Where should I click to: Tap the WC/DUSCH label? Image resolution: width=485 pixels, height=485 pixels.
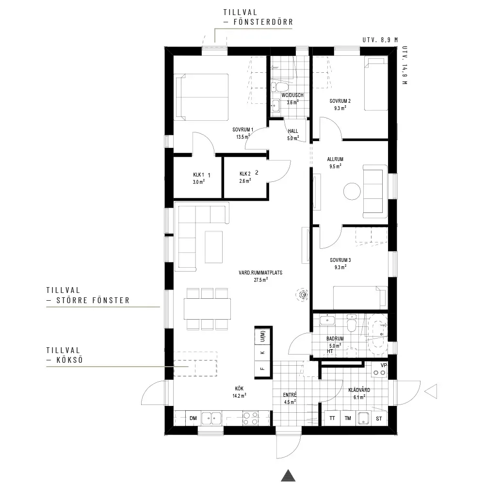292,95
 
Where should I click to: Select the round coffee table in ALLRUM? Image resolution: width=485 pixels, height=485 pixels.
352,192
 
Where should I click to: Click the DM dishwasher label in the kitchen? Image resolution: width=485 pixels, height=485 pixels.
193,418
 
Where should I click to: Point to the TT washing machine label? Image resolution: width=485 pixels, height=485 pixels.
332,418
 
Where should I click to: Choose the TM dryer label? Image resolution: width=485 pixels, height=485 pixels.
348,418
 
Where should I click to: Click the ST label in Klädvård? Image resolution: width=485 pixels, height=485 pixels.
379,419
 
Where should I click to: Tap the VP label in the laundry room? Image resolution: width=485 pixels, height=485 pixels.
384,365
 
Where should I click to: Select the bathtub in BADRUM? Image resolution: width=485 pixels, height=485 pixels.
377,335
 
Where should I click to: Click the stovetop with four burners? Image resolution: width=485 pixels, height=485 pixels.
251,419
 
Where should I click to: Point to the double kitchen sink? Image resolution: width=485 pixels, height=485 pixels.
211,419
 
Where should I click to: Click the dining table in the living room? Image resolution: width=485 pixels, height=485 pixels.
207,308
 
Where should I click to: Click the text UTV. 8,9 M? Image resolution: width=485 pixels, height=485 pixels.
380,40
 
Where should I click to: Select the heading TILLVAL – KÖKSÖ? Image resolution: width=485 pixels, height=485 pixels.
65,355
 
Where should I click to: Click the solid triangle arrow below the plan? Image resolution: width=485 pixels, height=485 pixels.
288,475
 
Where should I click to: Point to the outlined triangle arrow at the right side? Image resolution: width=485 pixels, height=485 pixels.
431,391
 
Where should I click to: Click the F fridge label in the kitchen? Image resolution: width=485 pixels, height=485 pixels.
262,369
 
